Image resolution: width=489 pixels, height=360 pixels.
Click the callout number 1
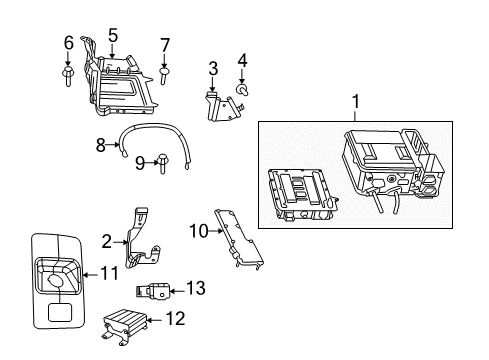(x=354, y=102)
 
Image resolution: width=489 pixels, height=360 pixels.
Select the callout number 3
(x=213, y=68)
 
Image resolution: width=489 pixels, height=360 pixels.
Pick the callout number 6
(x=68, y=43)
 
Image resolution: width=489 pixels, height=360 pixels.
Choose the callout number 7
(x=165, y=44)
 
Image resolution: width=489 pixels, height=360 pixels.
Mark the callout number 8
(x=100, y=146)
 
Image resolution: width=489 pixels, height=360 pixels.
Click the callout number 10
(x=198, y=230)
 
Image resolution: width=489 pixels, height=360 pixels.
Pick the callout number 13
(x=195, y=288)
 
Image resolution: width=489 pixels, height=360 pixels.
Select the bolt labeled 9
(x=161, y=159)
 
